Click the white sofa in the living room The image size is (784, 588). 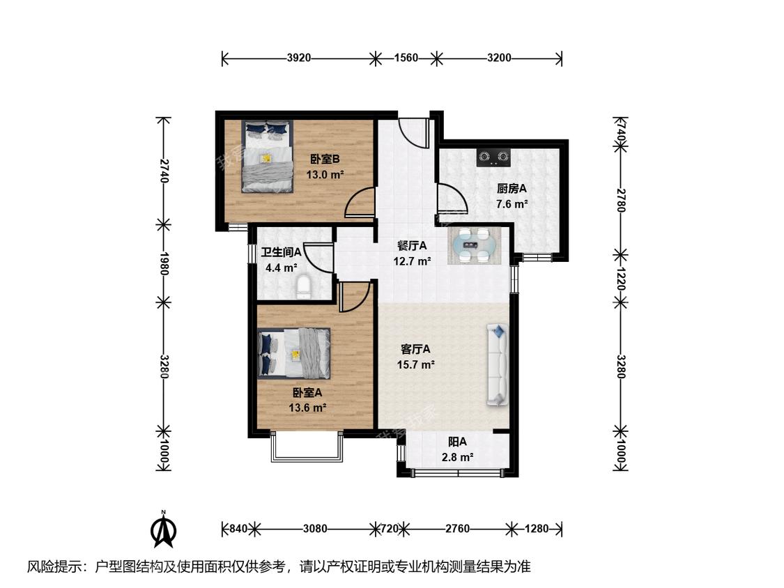(x=498, y=364)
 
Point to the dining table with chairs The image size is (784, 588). (x=473, y=245)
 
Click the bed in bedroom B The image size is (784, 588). (x=267, y=157)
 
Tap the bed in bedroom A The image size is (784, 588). (x=294, y=353)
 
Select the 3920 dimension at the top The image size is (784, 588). (x=298, y=58)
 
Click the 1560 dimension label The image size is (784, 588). (x=406, y=58)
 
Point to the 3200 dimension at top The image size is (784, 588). (x=499, y=58)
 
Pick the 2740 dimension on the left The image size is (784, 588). (x=164, y=171)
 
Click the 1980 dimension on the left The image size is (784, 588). (x=164, y=263)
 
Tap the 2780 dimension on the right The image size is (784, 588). (x=620, y=200)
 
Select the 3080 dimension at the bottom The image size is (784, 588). (x=315, y=529)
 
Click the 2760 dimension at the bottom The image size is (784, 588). (x=457, y=529)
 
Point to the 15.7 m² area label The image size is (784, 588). (x=415, y=365)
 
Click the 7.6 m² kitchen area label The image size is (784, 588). (x=512, y=204)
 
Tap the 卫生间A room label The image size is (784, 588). (x=281, y=252)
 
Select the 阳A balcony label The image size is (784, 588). (x=457, y=442)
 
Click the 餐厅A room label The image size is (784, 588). (x=412, y=245)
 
